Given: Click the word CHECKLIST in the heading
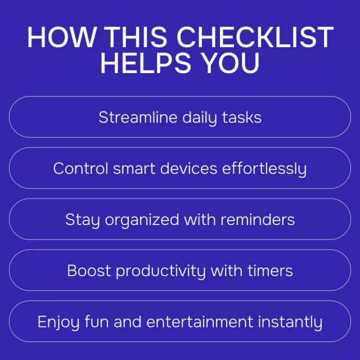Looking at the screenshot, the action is click(x=255, y=37).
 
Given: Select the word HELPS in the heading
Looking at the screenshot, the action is click(x=146, y=62).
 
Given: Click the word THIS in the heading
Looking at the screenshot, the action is click(x=137, y=37).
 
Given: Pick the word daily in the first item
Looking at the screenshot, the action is click(x=200, y=118).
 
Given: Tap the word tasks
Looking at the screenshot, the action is click(x=241, y=118).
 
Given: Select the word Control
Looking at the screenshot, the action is click(x=80, y=168).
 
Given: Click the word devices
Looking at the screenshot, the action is click(x=189, y=168).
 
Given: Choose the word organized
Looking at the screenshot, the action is click(x=142, y=220).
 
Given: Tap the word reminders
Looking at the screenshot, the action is click(x=258, y=219).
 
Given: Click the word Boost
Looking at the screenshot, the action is click(x=89, y=271).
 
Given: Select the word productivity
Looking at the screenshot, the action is click(x=161, y=271).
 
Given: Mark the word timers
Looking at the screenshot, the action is click(x=270, y=271).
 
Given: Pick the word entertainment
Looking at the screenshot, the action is click(x=200, y=322).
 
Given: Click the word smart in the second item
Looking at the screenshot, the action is click(x=134, y=169).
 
